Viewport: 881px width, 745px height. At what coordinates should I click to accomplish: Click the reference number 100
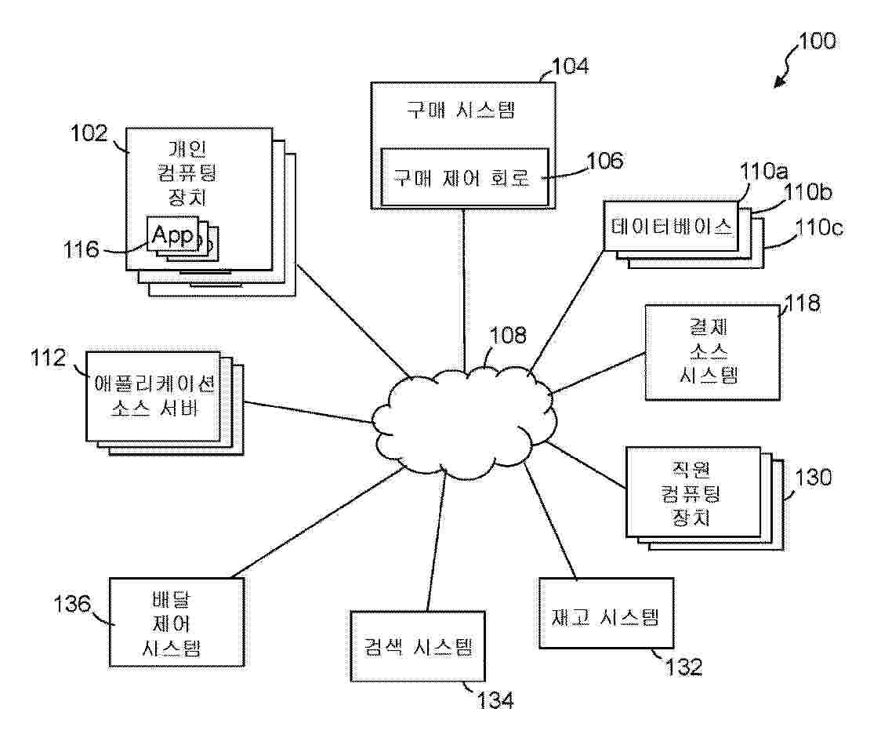818,41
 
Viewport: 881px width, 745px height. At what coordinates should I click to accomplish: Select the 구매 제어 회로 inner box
462,177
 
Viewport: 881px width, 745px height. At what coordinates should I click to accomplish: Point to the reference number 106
606,162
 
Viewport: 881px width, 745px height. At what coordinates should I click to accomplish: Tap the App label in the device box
173,234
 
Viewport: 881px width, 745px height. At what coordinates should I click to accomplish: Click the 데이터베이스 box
670,227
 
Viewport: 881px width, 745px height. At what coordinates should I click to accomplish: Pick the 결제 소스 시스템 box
711,353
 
